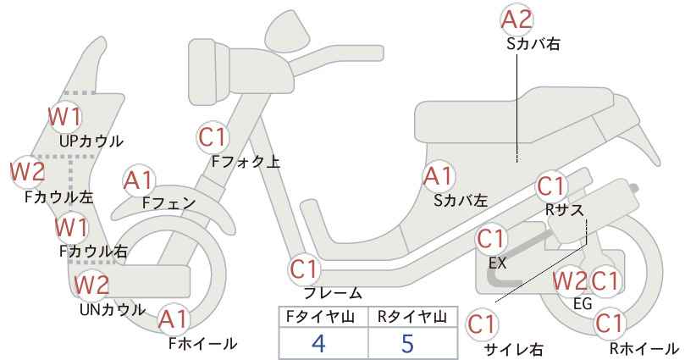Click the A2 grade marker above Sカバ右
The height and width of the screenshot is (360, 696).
[516, 20]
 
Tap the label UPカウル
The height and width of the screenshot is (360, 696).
[91, 141]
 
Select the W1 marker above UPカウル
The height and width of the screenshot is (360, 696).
[65, 117]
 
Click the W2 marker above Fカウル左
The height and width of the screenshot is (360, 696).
[28, 172]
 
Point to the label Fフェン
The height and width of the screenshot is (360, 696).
[169, 202]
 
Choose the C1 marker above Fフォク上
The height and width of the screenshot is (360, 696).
[213, 137]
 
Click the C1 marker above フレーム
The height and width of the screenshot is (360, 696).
[305, 269]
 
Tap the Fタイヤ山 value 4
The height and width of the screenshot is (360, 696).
[319, 342]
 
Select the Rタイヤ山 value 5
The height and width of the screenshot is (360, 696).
[407, 342]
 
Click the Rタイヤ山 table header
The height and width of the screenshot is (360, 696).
[412, 317]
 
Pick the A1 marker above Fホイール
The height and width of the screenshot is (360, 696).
[174, 319]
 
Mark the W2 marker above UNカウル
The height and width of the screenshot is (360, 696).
[91, 285]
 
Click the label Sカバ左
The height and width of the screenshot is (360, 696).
[461, 201]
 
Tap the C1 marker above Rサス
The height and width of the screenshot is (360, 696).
[551, 186]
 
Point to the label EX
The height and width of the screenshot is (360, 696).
[497, 263]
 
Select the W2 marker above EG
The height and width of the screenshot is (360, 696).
[570, 281]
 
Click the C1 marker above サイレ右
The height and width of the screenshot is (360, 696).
[482, 324]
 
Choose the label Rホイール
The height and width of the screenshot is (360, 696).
[644, 348]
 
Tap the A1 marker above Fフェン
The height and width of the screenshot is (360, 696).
[139, 181]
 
